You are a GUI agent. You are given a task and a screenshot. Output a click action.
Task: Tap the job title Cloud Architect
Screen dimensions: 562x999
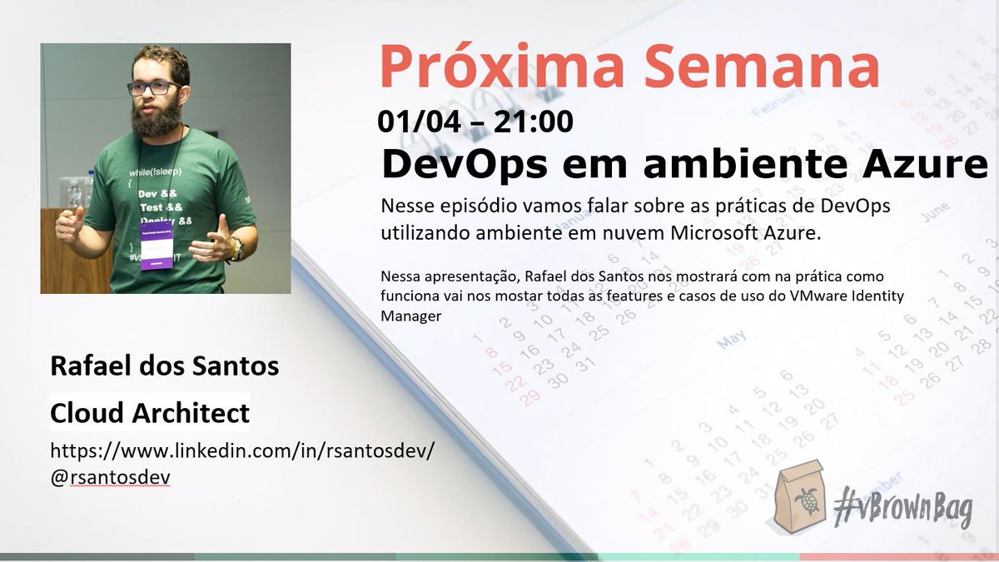pyautogui.click(x=150, y=412)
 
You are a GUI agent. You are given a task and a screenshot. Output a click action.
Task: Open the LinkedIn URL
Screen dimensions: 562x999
pyautogui.click(x=242, y=451)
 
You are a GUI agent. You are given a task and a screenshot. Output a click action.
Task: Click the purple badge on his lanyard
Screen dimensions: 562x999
pyautogui.click(x=157, y=244)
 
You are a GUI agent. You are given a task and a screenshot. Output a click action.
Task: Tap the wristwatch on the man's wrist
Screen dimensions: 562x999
pyautogui.click(x=237, y=247)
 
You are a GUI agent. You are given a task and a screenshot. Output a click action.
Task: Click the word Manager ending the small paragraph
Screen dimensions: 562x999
pyautogui.click(x=407, y=316)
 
